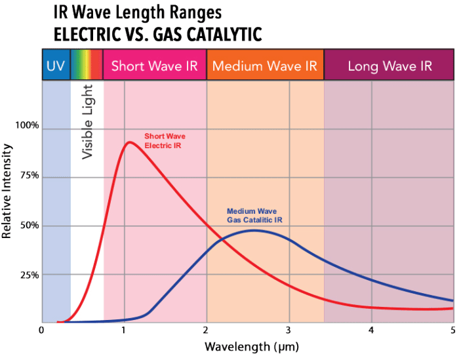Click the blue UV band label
[56, 66]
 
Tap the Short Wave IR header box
[155, 66]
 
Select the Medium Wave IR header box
[265, 66]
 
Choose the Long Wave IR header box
[389, 66]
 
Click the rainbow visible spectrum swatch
[87, 66]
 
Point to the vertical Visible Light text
[88, 121]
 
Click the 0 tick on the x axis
[41, 330]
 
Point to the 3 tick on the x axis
[289, 330]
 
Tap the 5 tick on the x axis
[453, 330]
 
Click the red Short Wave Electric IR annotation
[163, 140]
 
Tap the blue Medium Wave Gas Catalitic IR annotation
[254, 215]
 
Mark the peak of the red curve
[129, 142]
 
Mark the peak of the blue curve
[254, 230]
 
